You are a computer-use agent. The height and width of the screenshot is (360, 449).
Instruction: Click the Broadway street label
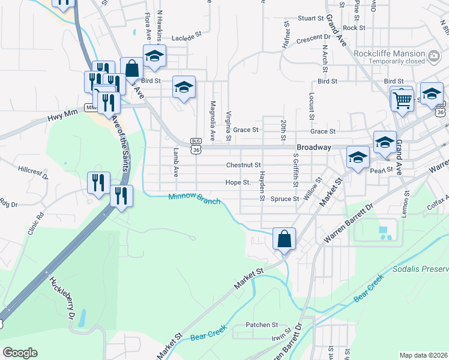tap(313, 147)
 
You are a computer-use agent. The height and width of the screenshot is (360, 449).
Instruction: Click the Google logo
tap(20, 353)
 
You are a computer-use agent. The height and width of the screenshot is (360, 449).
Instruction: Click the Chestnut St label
tap(243, 165)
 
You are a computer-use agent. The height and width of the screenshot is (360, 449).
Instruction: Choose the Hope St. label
tap(238, 182)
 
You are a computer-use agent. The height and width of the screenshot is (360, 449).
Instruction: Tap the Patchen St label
tap(261, 325)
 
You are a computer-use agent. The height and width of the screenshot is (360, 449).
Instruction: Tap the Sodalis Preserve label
tap(420, 268)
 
